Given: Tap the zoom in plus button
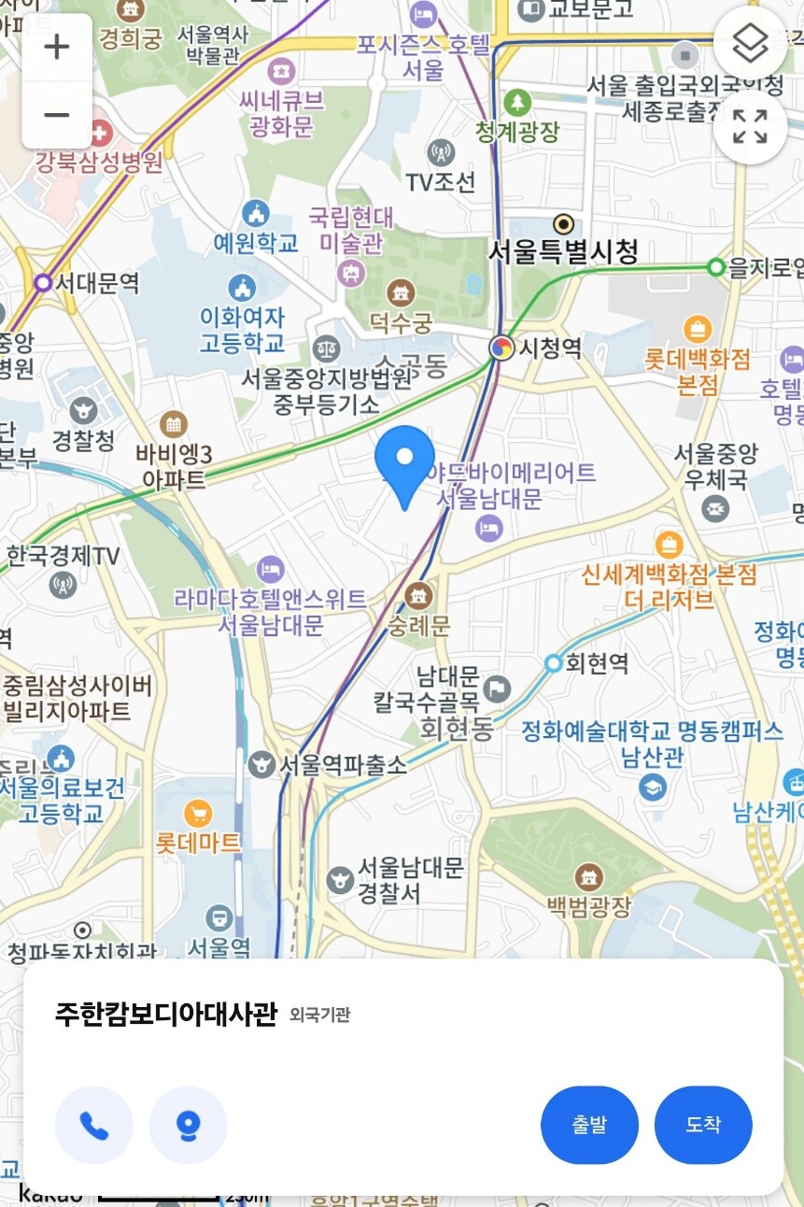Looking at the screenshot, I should [x=57, y=47].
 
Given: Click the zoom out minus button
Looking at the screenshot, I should [x=57, y=115].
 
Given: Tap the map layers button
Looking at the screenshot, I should [x=750, y=42].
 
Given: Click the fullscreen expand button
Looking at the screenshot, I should [x=750, y=127].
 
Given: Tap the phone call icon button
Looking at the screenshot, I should [x=94, y=1126].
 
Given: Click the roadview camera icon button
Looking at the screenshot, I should [x=188, y=1126].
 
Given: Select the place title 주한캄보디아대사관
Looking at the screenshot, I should [x=166, y=1014].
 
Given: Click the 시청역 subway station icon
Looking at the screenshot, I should [x=502, y=348].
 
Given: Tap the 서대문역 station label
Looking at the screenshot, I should [x=97, y=281].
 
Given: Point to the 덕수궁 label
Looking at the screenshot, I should [x=402, y=323].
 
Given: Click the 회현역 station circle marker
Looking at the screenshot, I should [x=554, y=663].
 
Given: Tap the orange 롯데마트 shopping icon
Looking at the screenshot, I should [x=198, y=813].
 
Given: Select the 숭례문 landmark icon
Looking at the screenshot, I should [x=419, y=593].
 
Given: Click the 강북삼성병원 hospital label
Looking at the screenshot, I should [x=99, y=162].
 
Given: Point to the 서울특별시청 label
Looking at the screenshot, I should [x=564, y=250].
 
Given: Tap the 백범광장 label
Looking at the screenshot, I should [x=589, y=905].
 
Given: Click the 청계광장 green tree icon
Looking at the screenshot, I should [x=516, y=102].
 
